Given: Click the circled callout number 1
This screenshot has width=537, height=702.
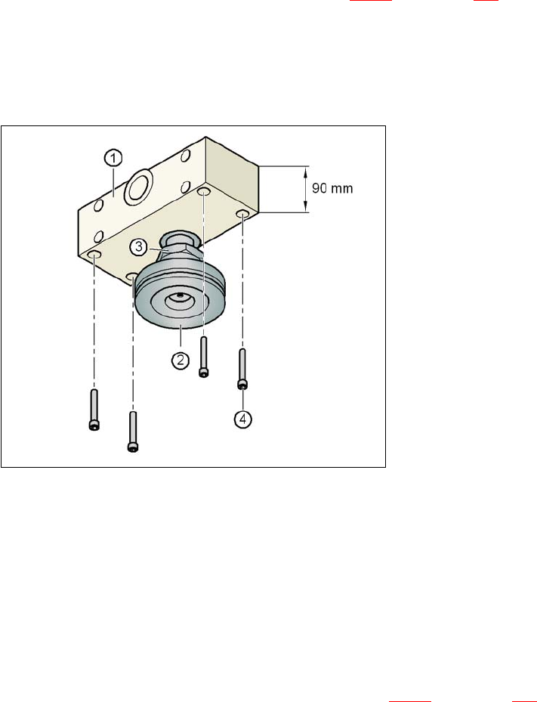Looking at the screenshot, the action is coord(113,158).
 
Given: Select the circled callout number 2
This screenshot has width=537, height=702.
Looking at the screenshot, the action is coord(180,360).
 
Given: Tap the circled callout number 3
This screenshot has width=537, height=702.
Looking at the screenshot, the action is coord(139,246).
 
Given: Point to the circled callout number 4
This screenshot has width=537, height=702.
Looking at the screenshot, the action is coord(243,419).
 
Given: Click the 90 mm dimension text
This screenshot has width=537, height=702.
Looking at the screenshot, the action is coord(332,188).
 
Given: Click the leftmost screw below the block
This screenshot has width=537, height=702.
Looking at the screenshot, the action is coord(94,410).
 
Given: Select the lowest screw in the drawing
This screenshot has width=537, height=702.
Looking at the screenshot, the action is coord(132,431).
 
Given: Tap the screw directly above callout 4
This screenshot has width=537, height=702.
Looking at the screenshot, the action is coord(242,369).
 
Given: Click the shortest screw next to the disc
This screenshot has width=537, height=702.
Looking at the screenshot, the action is coord(204,357).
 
